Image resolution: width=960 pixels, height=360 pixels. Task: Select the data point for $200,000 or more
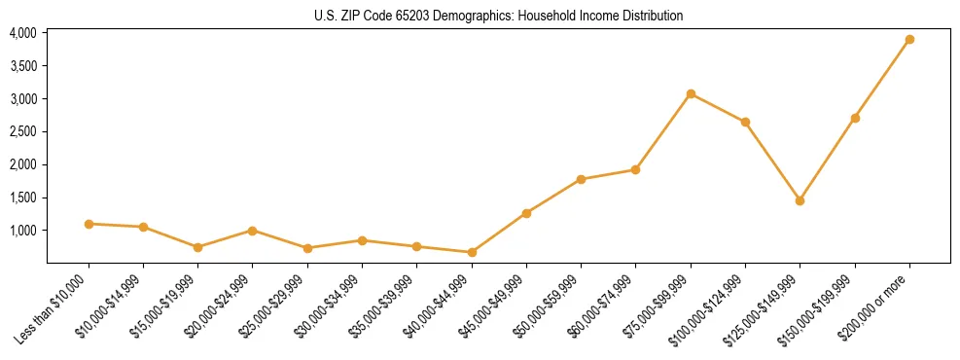click(x=909, y=40)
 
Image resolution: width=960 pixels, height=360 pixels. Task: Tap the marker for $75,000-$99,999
click(x=691, y=94)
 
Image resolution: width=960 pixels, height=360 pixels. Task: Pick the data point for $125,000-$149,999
click(x=800, y=200)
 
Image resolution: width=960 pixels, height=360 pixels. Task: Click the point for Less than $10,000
click(x=89, y=224)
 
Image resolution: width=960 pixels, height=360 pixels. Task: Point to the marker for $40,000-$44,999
click(x=472, y=252)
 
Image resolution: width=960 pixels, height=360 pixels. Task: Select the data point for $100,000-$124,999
click(x=745, y=122)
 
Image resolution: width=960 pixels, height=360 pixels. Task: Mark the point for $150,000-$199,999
click(x=855, y=118)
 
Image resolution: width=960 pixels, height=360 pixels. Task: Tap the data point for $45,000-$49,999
click(x=526, y=213)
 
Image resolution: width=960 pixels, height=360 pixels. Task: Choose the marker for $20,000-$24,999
click(x=253, y=231)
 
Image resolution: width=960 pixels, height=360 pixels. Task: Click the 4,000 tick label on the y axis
click(x=22, y=33)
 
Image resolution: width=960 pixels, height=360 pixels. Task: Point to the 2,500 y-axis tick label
click(x=22, y=131)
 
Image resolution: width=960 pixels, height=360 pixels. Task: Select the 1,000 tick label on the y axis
click(x=22, y=231)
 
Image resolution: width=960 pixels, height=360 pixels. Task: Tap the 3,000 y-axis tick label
click(x=22, y=99)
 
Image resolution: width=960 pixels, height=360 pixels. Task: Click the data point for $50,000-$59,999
click(x=581, y=179)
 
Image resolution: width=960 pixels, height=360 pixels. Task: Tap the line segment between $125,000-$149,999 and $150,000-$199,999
click(x=828, y=159)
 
